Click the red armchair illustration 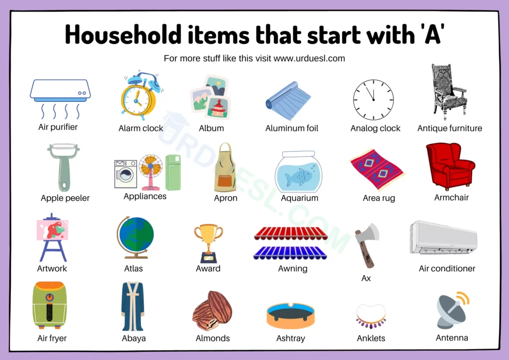[x=450, y=166]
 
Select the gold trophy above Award [x=208, y=243]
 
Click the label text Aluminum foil [x=291, y=128]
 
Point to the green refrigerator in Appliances [x=173, y=172]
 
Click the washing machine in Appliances [x=126, y=174]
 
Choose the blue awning [x=290, y=253]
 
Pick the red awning [x=290, y=233]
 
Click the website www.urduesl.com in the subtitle [x=309, y=59]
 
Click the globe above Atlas [x=135, y=237]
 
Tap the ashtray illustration [x=290, y=316]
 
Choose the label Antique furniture [x=449, y=128]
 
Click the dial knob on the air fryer [x=49, y=297]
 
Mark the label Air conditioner [x=447, y=269]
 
